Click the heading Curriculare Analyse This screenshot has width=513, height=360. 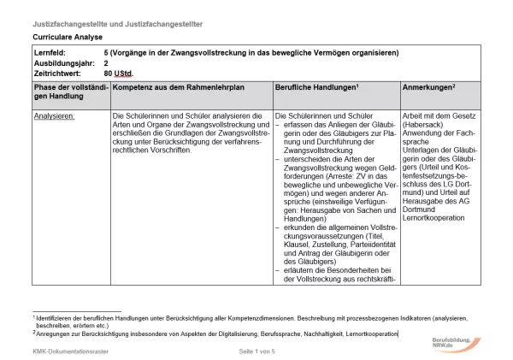(x=68, y=38)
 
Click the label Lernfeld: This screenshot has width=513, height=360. (x=50, y=53)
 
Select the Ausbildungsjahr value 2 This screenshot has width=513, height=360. (x=106, y=62)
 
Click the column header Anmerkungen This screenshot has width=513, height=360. (x=429, y=87)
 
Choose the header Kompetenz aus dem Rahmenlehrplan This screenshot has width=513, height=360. (x=173, y=87)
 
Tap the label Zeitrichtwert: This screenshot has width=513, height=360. (x=57, y=73)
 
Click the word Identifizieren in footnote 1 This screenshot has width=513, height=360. (x=57, y=317)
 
